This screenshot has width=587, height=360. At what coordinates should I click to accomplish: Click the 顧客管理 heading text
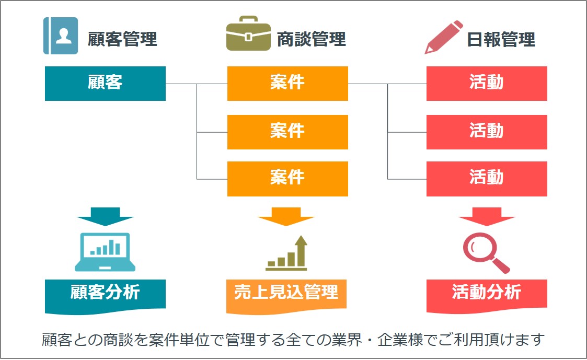122,39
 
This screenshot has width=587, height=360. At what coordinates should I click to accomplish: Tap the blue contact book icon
61,36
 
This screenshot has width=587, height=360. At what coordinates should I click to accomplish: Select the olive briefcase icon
248,35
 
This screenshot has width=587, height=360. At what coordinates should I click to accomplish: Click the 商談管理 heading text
311,39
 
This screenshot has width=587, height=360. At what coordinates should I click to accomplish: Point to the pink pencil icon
443,37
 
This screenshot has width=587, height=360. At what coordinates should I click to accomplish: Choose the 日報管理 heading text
501,39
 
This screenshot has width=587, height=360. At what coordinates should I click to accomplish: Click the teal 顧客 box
105,83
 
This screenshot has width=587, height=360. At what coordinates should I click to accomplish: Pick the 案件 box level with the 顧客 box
287,83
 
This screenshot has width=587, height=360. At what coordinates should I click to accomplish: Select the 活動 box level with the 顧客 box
487,83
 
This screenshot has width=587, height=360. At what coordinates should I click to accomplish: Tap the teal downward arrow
105,216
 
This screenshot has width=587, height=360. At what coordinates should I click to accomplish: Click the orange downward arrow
286,216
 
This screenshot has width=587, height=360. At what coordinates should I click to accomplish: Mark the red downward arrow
487,216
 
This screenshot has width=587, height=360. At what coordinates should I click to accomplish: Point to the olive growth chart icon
286,253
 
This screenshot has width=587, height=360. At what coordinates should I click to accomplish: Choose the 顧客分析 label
105,292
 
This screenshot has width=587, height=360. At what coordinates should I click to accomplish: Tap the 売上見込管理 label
286,292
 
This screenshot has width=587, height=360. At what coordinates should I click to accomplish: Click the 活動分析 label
487,292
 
